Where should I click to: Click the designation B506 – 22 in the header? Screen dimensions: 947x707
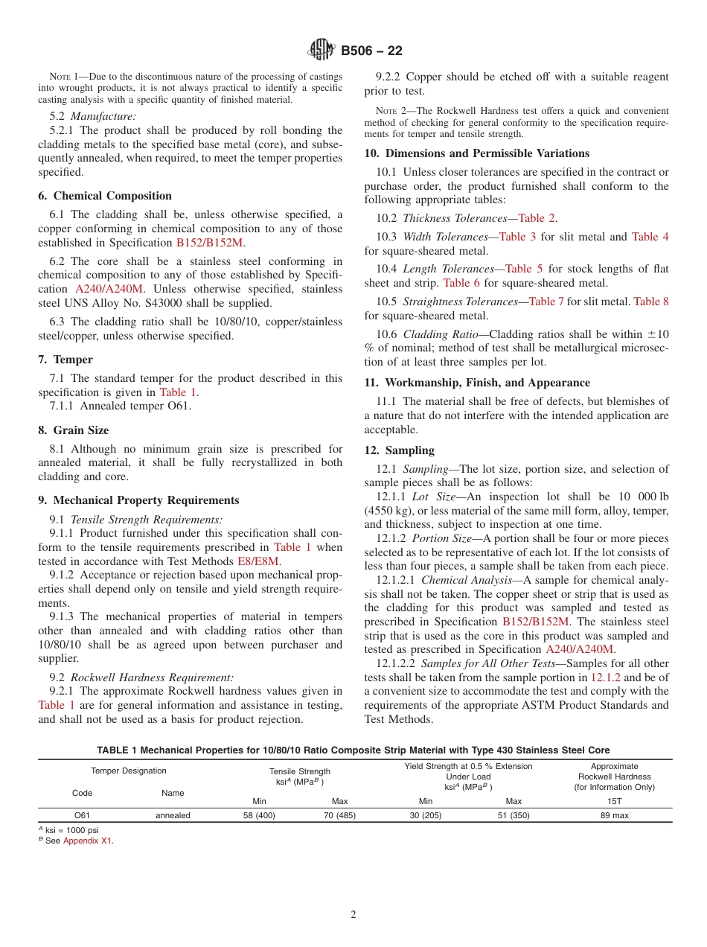tap(371, 51)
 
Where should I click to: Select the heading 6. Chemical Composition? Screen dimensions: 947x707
tap(105, 196)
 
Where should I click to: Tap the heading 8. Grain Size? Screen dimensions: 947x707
tap(74, 430)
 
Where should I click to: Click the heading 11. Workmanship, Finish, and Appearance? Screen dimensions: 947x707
tap(477, 383)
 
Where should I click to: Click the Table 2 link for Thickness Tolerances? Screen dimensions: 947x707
tap(537, 218)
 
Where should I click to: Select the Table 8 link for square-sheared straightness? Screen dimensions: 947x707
tap(650, 302)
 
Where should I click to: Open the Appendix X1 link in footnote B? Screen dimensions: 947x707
tap(88, 841)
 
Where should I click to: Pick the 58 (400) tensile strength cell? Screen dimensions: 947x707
tap(259, 815)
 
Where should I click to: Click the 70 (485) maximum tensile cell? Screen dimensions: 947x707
tap(339, 815)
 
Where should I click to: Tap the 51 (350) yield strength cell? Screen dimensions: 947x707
tap(514, 815)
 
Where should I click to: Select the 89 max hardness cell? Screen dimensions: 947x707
tap(615, 815)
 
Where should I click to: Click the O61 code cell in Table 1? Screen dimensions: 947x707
tap(82, 815)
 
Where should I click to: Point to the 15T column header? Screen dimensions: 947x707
tap(615, 801)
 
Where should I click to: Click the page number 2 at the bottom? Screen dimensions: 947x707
tap(353, 915)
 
